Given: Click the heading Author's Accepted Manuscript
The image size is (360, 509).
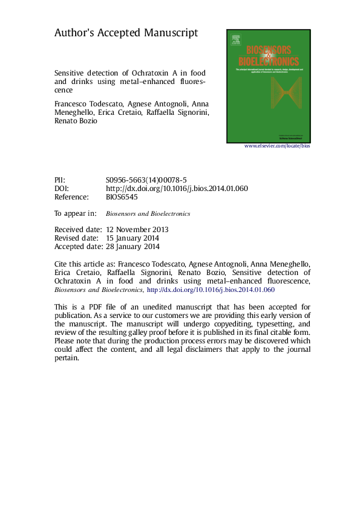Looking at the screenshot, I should tap(126, 34).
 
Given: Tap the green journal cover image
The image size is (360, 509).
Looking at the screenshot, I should tap(268, 85).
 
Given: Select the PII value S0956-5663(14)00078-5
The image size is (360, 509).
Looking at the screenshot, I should tap(146, 180).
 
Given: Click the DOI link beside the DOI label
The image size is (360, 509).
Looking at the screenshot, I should tap(177, 189).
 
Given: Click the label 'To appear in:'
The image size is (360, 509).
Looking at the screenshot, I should tap(76, 213).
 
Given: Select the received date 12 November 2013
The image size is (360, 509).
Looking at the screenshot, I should tap(137, 230).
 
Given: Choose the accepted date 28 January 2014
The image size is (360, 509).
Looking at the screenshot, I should tap(133, 247).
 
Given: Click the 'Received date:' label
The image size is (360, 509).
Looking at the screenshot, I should tap(78, 230).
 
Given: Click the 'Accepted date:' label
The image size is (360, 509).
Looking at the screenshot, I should tap(79, 247).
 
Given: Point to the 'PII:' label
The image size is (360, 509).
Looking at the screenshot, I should tap(60, 180).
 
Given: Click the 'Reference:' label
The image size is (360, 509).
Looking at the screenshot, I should tap(71, 197).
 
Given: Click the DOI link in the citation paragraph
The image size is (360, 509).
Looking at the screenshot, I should tap(211, 290).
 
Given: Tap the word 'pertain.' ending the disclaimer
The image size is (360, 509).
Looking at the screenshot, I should tap(67, 358).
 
